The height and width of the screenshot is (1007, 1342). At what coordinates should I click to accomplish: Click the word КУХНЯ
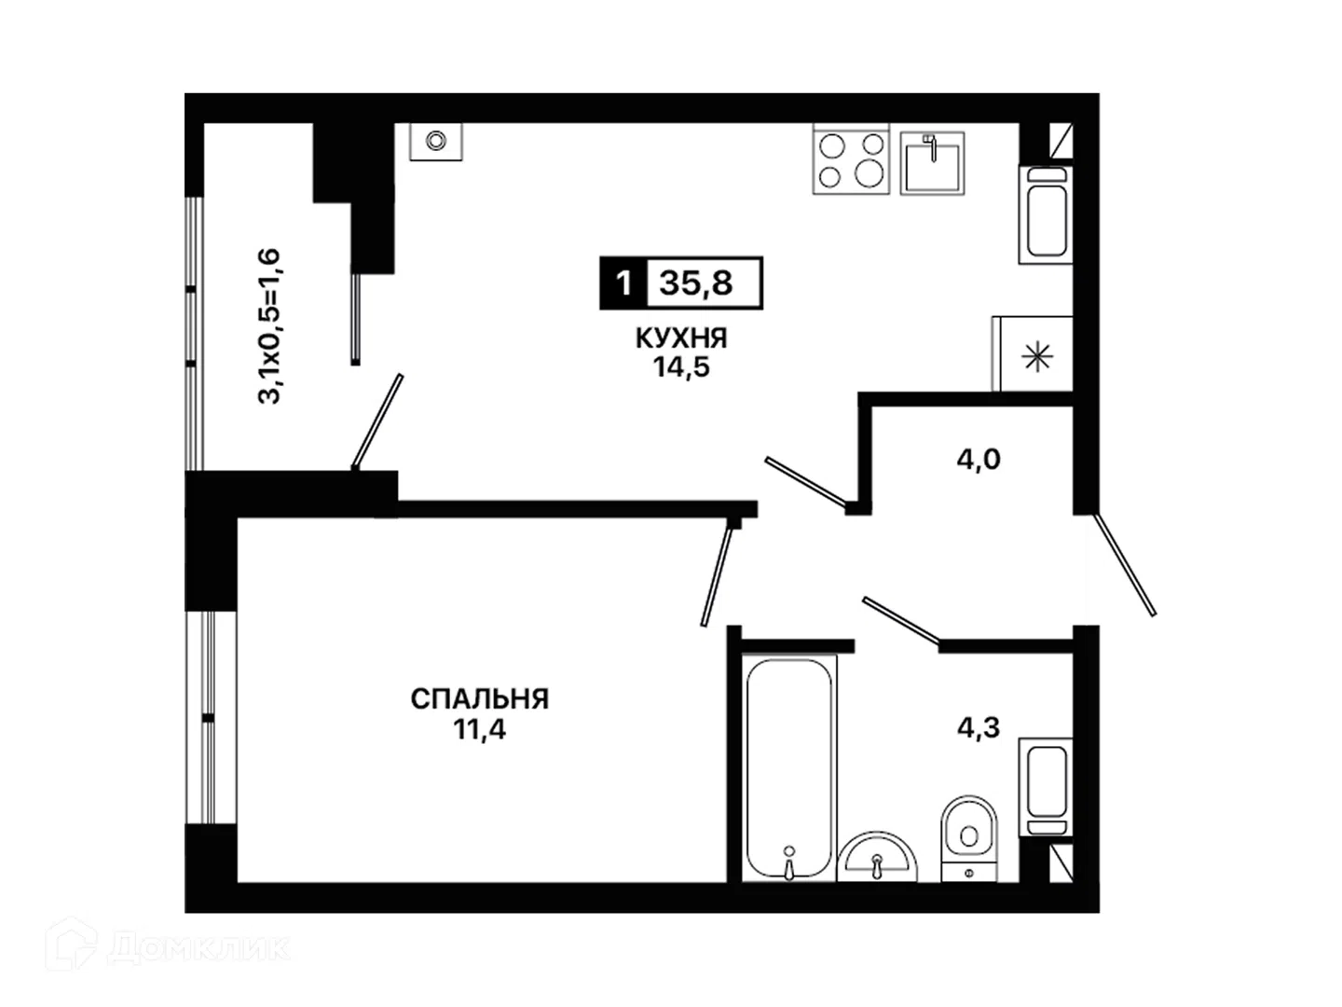pyautogui.click(x=681, y=338)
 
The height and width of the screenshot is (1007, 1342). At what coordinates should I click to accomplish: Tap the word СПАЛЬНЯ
pyautogui.click(x=479, y=699)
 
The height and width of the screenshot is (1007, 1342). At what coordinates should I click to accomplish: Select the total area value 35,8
pyautogui.click(x=696, y=283)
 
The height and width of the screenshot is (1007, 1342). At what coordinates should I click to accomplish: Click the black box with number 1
pyautogui.click(x=623, y=283)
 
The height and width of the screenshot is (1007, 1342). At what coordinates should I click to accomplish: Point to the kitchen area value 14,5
pyautogui.click(x=681, y=367)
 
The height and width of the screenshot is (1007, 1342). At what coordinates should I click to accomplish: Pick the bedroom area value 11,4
pyautogui.click(x=479, y=729)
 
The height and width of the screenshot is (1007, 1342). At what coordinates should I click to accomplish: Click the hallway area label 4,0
pyautogui.click(x=979, y=460)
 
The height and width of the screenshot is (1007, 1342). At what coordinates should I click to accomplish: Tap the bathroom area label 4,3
pyautogui.click(x=979, y=727)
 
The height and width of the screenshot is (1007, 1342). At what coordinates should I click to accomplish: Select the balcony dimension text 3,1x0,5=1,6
pyautogui.click(x=269, y=326)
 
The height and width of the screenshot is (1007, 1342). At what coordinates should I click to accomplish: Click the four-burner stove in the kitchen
pyautogui.click(x=851, y=159)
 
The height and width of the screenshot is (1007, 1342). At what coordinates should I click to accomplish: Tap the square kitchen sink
pyautogui.click(x=932, y=163)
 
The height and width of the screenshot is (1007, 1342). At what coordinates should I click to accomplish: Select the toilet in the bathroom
pyautogui.click(x=969, y=838)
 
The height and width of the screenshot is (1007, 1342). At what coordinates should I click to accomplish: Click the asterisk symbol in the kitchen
pyautogui.click(x=1037, y=358)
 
